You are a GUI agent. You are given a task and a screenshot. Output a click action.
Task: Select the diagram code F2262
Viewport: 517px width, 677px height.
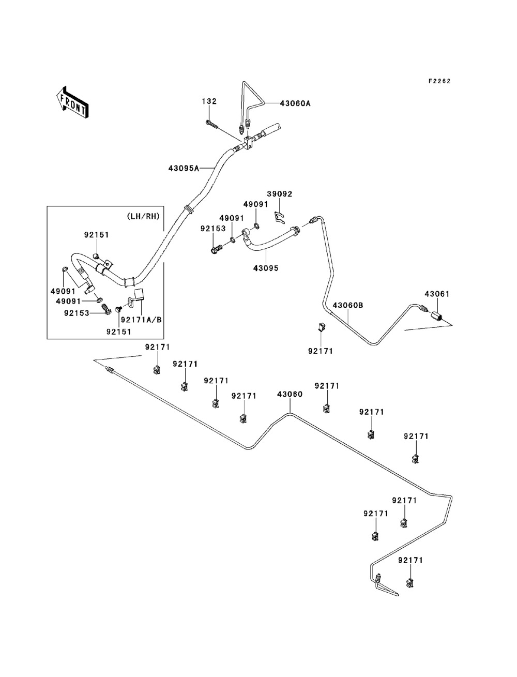(439, 81)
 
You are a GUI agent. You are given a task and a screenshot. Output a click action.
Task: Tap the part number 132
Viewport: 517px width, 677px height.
(209, 101)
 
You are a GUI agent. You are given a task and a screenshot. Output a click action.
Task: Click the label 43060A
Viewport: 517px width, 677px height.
(295, 103)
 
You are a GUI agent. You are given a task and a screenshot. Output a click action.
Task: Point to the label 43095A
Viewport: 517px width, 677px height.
(184, 169)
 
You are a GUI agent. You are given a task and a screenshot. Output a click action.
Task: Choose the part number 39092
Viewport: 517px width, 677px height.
(279, 194)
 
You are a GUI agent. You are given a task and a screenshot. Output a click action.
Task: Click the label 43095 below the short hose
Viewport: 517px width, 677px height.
(266, 268)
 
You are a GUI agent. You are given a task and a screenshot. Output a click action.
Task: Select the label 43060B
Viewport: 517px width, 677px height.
(348, 305)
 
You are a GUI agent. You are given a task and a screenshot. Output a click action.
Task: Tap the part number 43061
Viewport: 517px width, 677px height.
(437, 294)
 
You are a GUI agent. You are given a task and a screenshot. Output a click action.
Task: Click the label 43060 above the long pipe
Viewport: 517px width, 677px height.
(290, 394)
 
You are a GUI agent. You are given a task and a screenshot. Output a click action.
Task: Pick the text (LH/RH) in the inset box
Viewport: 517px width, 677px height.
(143, 217)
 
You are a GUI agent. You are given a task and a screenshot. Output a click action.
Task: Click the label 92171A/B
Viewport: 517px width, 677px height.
(141, 320)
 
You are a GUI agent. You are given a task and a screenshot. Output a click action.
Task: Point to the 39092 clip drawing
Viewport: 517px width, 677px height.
(280, 217)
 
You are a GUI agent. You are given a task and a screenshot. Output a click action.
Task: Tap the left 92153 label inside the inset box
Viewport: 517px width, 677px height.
(77, 313)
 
